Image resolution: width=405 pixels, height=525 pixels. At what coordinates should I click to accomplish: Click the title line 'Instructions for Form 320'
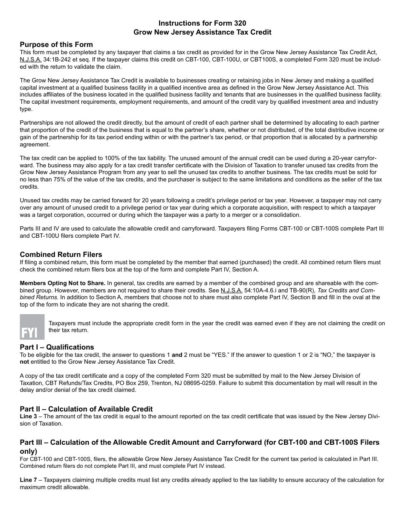tap(202, 23)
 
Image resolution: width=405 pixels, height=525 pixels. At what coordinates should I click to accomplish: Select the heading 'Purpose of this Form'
tap(56, 44)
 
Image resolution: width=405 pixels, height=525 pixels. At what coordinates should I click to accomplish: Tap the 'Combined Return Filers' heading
tap(61, 255)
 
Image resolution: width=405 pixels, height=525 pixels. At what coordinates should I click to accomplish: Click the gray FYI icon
tap(32, 327)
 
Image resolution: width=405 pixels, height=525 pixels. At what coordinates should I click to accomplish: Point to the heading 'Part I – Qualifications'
tap(57, 347)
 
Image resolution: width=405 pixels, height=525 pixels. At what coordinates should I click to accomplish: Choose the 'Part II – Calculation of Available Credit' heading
tap(86, 409)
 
